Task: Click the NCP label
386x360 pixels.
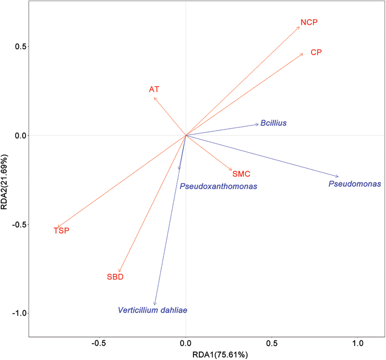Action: coord(309,22)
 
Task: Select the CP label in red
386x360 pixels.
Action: coord(316,53)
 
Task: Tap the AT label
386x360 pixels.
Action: coord(154,90)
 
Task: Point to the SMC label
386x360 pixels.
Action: coord(241,174)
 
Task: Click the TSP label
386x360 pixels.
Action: coord(62,231)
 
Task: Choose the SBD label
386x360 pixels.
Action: coord(115,277)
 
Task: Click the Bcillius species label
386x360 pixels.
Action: coord(273,123)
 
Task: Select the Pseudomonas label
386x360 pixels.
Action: coord(355,184)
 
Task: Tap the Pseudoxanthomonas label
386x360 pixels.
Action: coord(218,186)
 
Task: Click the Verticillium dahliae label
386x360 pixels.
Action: coord(153,310)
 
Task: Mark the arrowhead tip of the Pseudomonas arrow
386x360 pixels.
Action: coord(338,177)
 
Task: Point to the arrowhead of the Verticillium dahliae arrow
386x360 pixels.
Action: coord(155,305)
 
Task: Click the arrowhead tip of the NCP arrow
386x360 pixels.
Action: coord(299,27)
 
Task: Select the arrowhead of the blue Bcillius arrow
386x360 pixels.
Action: coord(258,124)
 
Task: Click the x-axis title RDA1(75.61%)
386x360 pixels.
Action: coord(220,355)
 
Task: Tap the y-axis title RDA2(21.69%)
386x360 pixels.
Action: coord(4,182)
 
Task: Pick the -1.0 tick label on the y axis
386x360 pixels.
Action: coord(20,313)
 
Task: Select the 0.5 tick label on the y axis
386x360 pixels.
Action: coord(22,46)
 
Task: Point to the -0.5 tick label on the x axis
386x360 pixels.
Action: coord(99,343)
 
